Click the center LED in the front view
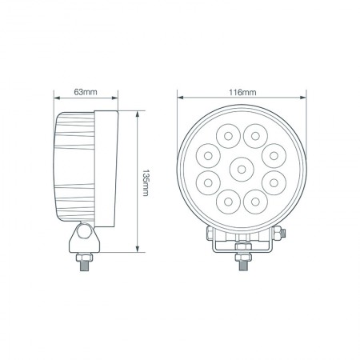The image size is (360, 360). (x=241, y=168)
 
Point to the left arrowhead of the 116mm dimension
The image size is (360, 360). (x=180, y=98)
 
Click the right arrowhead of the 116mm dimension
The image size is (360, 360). (x=306, y=98)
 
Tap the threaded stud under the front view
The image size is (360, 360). (x=241, y=262)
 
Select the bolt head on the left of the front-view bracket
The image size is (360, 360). (x=207, y=233)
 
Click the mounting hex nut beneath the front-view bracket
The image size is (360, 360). (x=241, y=250)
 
